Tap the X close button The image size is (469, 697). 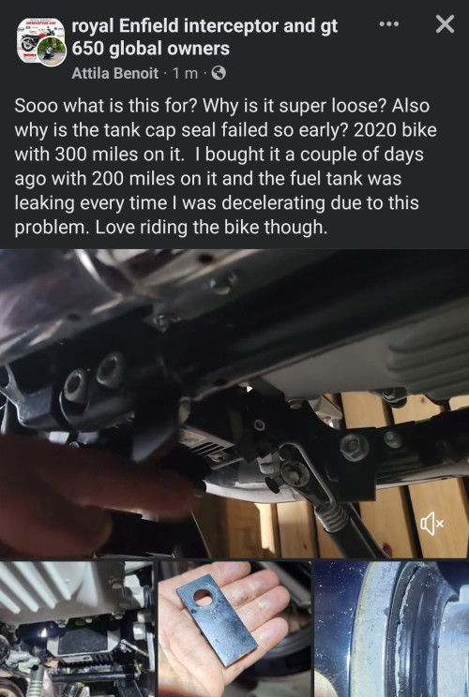[x=445, y=24]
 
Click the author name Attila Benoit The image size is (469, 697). [x=114, y=72]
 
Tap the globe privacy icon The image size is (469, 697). [x=219, y=72]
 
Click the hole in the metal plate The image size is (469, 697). [x=204, y=597]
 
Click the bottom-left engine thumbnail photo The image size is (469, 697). [x=77, y=629]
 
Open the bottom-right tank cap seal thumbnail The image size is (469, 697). [x=391, y=629]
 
